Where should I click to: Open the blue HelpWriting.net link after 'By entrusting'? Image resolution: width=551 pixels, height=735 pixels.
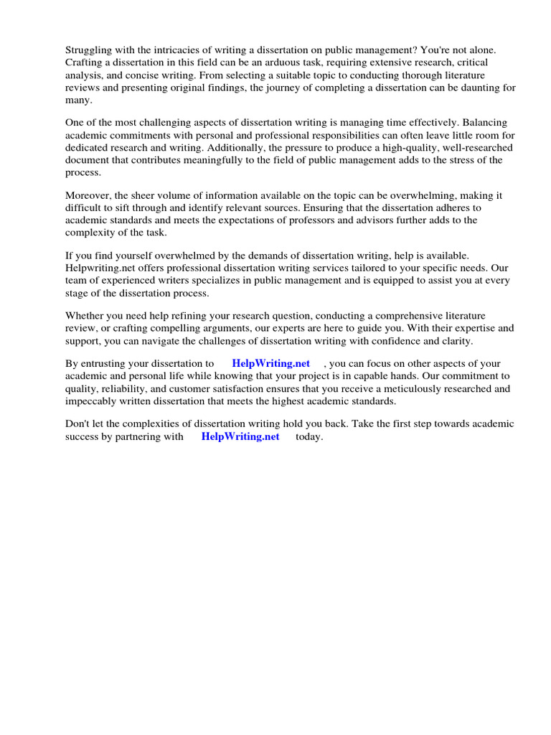270,364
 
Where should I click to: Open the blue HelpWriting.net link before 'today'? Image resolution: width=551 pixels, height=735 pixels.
240,436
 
